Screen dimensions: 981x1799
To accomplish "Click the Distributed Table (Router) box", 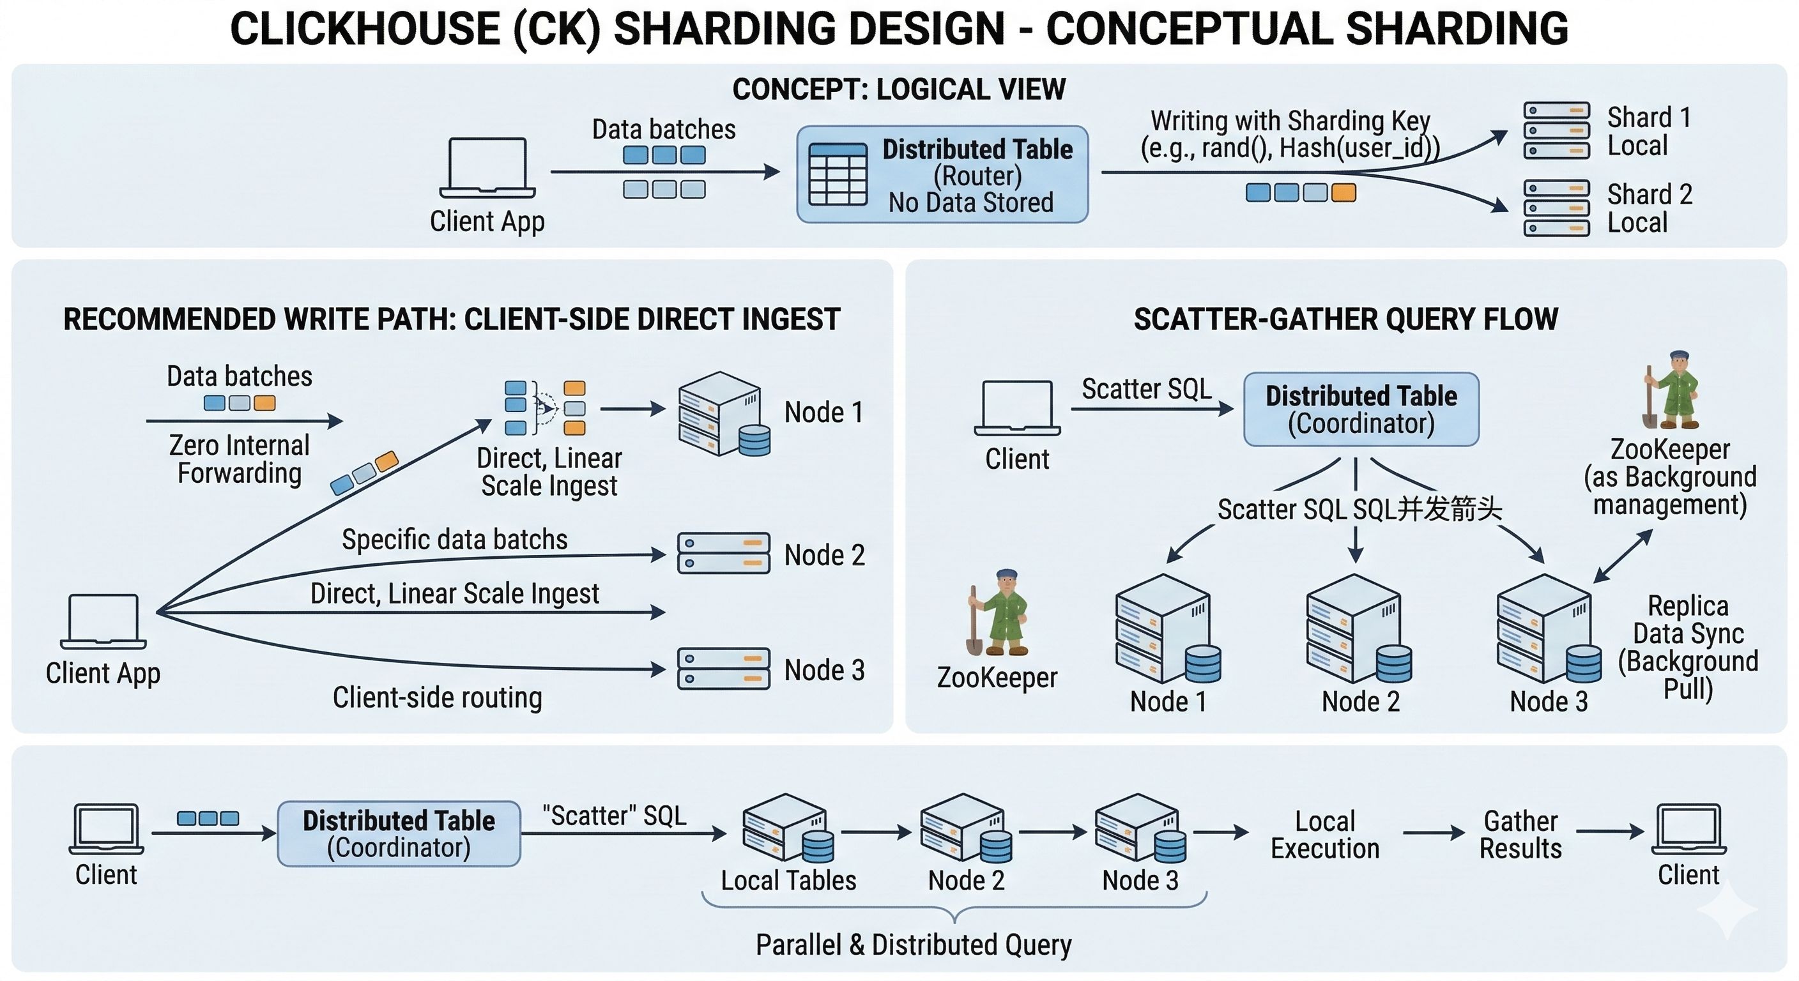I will tap(942, 174).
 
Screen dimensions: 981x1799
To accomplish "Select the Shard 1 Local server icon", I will tap(1556, 130).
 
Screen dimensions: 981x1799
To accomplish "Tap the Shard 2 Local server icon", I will tap(1556, 208).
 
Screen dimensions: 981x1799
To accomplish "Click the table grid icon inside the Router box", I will tap(838, 174).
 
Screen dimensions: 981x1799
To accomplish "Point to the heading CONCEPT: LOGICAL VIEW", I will tap(899, 89).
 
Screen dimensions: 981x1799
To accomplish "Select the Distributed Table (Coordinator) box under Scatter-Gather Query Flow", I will tap(1361, 410).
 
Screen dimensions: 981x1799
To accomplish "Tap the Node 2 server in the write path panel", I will tap(724, 554).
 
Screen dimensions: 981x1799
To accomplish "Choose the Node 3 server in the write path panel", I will tap(724, 669).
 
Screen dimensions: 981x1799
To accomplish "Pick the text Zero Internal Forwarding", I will tap(240, 459).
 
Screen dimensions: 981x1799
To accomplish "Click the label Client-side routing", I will tap(437, 697).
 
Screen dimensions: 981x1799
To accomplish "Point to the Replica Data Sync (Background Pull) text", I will tap(1688, 647).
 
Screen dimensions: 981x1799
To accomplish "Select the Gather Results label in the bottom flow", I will tap(1520, 834).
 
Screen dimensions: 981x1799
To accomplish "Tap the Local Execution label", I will tap(1325, 834).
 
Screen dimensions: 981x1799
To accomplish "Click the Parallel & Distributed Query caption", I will tap(914, 945).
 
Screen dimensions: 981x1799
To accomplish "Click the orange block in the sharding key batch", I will tap(1344, 193).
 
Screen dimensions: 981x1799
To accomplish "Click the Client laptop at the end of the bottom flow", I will tap(1688, 830).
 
